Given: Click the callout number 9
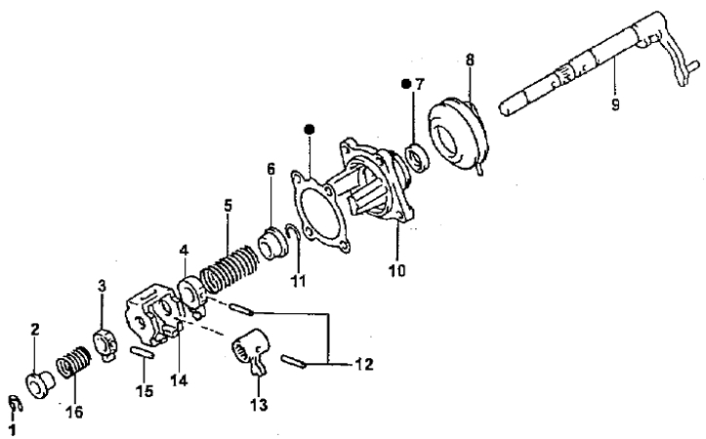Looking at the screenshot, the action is tap(615, 104).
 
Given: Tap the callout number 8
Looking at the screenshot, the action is tap(470, 60).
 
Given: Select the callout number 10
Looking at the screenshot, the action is tap(397, 271).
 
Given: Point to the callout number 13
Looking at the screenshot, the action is tap(260, 405).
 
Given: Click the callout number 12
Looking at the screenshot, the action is tap(364, 364).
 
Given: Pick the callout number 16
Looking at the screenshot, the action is tap(74, 412).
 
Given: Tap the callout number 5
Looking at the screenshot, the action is tap(228, 206).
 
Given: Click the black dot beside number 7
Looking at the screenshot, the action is tap(406, 84).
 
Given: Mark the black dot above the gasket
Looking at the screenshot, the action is tap(309, 130).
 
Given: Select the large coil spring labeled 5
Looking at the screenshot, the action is tap(230, 267).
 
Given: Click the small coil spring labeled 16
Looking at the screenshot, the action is tap(73, 362).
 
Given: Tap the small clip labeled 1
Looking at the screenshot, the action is tap(15, 404).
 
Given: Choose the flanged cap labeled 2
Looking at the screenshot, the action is tap(40, 384).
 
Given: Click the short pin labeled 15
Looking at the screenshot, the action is tap(143, 352).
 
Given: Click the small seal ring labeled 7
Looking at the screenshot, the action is tap(418, 157).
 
